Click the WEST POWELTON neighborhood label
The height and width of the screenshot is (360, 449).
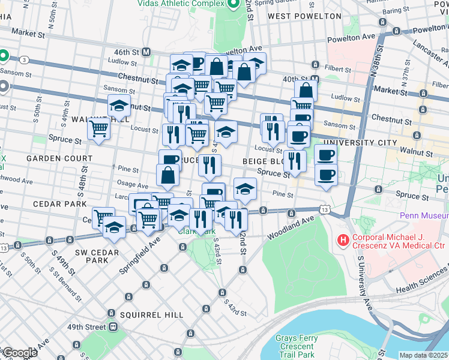click(304, 16)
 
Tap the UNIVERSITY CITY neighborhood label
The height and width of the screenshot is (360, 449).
click(360, 143)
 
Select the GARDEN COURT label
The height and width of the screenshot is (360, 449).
click(59, 158)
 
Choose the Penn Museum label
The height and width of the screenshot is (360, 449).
click(424, 215)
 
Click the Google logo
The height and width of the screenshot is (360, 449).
click(19, 353)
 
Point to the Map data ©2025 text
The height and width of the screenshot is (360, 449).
click(423, 355)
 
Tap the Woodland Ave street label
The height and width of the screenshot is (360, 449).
click(291, 229)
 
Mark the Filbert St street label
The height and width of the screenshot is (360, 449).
click(336, 68)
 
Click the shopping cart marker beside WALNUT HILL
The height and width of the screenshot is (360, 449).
click(99, 128)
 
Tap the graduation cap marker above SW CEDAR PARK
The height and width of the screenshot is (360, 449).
click(114, 227)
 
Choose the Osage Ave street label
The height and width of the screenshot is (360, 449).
click(133, 186)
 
